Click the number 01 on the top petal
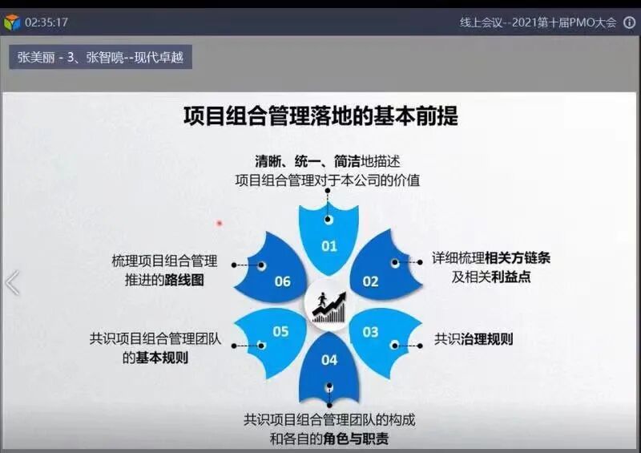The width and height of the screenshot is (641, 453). (329, 246)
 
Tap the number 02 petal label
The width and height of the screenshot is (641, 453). (370, 281)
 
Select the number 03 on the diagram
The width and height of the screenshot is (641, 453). (370, 332)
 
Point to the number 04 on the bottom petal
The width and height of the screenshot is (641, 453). (329, 360)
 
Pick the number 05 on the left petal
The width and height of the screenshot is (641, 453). (280, 331)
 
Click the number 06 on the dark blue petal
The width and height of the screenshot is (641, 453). (282, 281)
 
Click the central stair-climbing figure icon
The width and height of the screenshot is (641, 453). (329, 306)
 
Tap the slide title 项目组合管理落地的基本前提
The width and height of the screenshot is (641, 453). (320, 116)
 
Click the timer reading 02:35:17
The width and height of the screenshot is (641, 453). (46, 22)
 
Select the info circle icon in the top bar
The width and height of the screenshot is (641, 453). (629, 22)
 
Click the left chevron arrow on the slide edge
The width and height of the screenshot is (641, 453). (12, 283)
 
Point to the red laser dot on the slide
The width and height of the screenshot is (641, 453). (220, 223)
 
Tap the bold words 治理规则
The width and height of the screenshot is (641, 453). (486, 339)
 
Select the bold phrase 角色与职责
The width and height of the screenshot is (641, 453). (358, 439)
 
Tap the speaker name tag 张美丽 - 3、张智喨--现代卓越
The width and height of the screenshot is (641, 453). (102, 58)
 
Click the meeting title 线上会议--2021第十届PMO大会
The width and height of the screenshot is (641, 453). (538, 22)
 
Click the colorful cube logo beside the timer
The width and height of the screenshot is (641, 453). (12, 22)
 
